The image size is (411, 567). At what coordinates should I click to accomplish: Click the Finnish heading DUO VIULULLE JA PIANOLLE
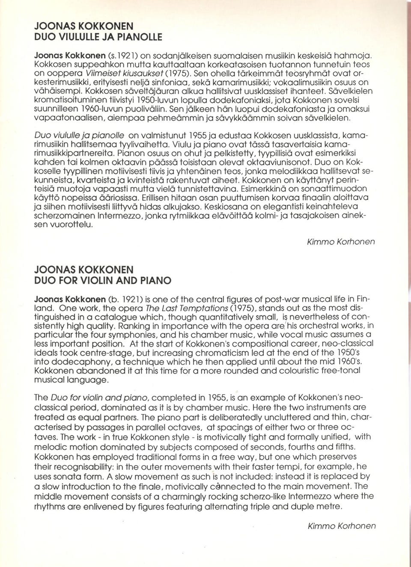point(98,37)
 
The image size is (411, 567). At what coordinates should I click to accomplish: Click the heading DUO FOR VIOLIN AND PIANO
point(102,281)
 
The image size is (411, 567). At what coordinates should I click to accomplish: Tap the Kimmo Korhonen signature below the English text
point(341,526)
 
